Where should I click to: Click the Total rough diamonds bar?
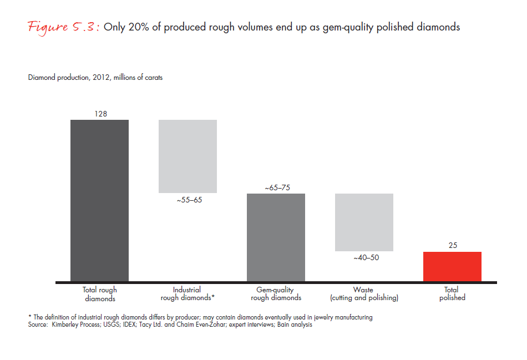[x=99, y=200]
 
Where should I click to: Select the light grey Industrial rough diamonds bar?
[x=188, y=156]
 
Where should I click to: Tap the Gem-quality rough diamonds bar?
[x=276, y=237]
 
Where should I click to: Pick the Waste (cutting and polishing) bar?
[x=364, y=222]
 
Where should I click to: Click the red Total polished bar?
[x=452, y=266]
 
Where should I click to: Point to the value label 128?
[x=100, y=114]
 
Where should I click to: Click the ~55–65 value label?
[x=188, y=200]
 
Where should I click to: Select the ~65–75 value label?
[x=276, y=187]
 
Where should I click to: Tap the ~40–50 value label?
[x=364, y=258]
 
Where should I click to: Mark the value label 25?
[x=453, y=245]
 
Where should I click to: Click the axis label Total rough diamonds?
[x=100, y=294]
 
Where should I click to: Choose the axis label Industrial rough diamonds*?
[x=188, y=294]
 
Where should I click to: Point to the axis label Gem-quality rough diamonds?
[x=276, y=294]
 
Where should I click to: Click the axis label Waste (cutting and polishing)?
[x=364, y=294]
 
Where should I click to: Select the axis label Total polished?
[x=452, y=294]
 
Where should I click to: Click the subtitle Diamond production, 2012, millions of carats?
[x=95, y=78]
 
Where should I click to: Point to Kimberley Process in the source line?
[x=72, y=325]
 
